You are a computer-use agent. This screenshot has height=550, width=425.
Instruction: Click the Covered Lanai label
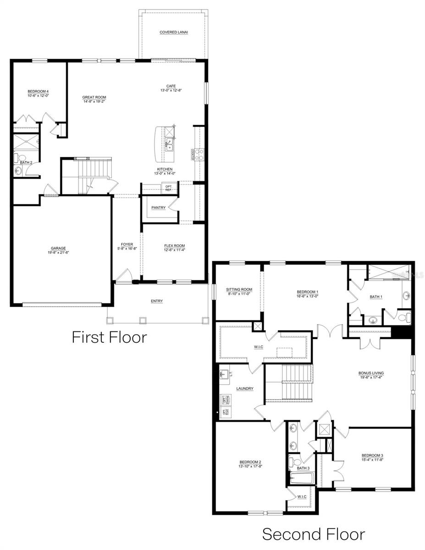click(174, 32)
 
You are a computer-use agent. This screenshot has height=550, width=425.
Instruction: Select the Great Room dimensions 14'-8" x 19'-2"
click(94, 101)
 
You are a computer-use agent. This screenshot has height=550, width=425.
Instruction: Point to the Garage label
click(58, 248)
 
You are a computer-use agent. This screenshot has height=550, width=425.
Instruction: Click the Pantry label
click(158, 208)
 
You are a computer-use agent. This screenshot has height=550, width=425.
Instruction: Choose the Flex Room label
click(174, 246)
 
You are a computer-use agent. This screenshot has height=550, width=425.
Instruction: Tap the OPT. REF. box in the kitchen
click(168, 188)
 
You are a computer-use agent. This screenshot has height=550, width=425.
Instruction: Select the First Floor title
click(109, 337)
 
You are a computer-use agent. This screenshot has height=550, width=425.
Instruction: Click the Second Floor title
click(313, 534)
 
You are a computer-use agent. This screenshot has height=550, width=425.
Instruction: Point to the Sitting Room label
click(239, 290)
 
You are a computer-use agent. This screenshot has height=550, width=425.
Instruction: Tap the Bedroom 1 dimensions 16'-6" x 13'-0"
click(307, 296)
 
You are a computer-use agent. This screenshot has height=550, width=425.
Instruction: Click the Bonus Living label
click(371, 373)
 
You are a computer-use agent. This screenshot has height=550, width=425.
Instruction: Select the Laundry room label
click(245, 389)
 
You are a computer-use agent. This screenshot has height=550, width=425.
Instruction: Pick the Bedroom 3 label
click(372, 455)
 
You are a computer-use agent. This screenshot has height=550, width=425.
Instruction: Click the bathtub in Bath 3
click(302, 479)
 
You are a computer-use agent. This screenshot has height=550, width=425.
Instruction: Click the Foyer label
click(127, 244)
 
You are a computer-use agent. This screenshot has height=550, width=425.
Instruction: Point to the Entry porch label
click(156, 301)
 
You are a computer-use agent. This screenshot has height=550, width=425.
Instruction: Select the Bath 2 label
click(26, 162)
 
